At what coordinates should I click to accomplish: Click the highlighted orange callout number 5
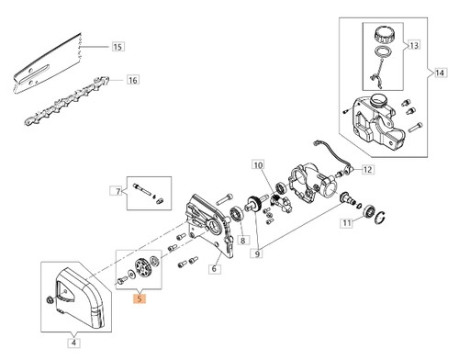tap(140, 298)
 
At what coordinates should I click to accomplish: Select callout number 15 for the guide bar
tap(118, 47)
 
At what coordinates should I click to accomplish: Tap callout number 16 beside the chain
tap(133, 80)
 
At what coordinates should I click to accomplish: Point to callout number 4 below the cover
tap(73, 343)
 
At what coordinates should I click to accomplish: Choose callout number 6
tap(214, 268)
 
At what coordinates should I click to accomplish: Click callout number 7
tap(118, 191)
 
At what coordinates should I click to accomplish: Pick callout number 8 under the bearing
tap(242, 241)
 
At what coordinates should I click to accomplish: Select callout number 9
tap(257, 253)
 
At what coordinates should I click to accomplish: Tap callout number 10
tap(258, 165)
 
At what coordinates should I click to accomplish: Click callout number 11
tap(346, 222)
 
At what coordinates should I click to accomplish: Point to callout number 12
tap(367, 169)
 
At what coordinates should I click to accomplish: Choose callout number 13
tap(414, 45)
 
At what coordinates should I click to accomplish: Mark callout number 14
tap(440, 73)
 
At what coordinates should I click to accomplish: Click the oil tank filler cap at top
tap(383, 35)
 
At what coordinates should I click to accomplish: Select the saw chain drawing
tap(67, 100)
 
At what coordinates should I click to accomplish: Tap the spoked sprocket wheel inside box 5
tap(142, 268)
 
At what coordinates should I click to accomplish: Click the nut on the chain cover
tap(49, 299)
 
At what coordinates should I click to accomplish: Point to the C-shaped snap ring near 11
tap(380, 218)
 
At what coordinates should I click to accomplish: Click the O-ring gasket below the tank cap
tap(383, 51)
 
